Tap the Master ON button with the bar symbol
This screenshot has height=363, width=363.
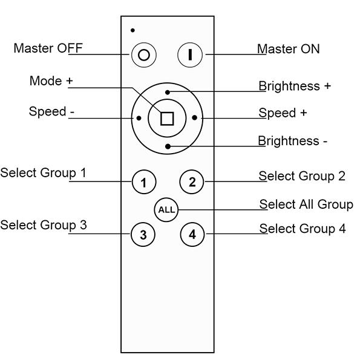191,54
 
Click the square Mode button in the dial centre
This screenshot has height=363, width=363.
167,118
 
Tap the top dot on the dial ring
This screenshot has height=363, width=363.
168,92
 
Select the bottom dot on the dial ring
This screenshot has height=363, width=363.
168,145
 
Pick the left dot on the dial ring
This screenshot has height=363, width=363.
140,119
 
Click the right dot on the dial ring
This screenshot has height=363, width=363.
194,119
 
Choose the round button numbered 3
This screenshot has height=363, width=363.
143,235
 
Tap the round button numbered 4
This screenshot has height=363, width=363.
192,234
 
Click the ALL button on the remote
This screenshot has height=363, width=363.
166,210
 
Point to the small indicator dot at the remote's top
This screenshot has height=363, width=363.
132,30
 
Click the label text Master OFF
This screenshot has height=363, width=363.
48,48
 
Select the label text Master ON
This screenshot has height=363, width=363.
288,48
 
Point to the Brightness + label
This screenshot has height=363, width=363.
295,86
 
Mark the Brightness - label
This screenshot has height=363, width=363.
293,141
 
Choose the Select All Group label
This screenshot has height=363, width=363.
306,204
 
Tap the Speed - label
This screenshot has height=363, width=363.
48,112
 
